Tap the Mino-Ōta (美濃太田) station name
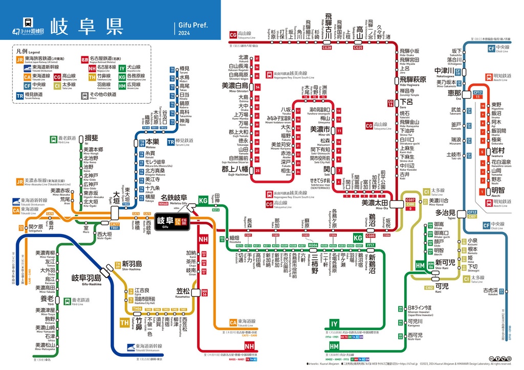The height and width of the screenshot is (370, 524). [x=375, y=203]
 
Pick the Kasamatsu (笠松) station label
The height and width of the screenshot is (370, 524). [x=183, y=292]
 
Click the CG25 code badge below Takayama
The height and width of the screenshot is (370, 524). [x=358, y=48]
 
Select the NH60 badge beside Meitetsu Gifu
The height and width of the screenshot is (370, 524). [x=164, y=203]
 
